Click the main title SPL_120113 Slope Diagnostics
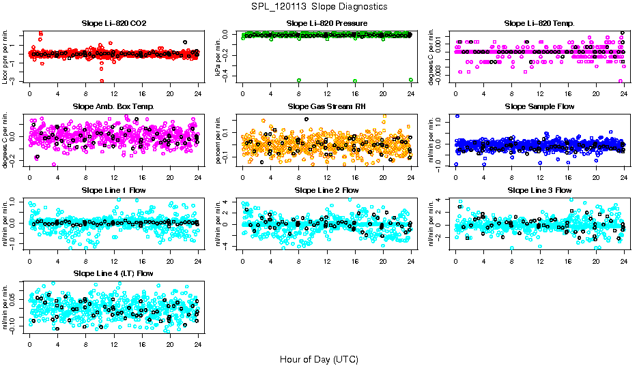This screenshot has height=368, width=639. pos(319,6)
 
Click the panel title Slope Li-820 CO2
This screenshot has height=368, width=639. pos(114,24)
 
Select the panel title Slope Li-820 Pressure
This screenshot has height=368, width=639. pos(327,24)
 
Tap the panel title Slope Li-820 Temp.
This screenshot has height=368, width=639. pos(539,24)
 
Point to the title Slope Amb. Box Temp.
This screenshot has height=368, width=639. pos(114,107)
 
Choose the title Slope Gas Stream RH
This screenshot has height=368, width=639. pos(327,107)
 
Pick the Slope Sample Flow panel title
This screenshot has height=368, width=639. pos(539,107)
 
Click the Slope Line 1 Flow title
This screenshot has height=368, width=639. pos(114,190)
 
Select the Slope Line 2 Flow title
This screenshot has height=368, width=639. pos(327,190)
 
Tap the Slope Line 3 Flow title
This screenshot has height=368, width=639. pos(539,190)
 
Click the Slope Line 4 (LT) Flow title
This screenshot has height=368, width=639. pos(114,273)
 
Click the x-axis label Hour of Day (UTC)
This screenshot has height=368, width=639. pos(319,358)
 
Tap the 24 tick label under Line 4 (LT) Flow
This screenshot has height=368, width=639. pos(198,344)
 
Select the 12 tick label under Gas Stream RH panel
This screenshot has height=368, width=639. pos(327,178)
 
